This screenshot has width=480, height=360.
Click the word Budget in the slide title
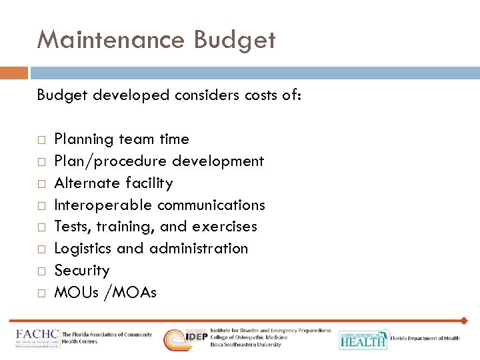[x=234, y=41]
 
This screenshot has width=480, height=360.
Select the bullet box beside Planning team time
[x=41, y=140]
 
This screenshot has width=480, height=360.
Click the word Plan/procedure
[x=111, y=161]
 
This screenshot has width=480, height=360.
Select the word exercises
[x=224, y=227]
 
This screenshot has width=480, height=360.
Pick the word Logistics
[x=83, y=249]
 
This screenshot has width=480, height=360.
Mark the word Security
[x=81, y=271]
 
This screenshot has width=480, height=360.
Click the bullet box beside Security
[x=41, y=271]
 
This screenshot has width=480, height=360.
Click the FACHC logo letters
[x=38, y=334]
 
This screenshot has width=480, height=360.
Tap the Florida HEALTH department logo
[x=363, y=339]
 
